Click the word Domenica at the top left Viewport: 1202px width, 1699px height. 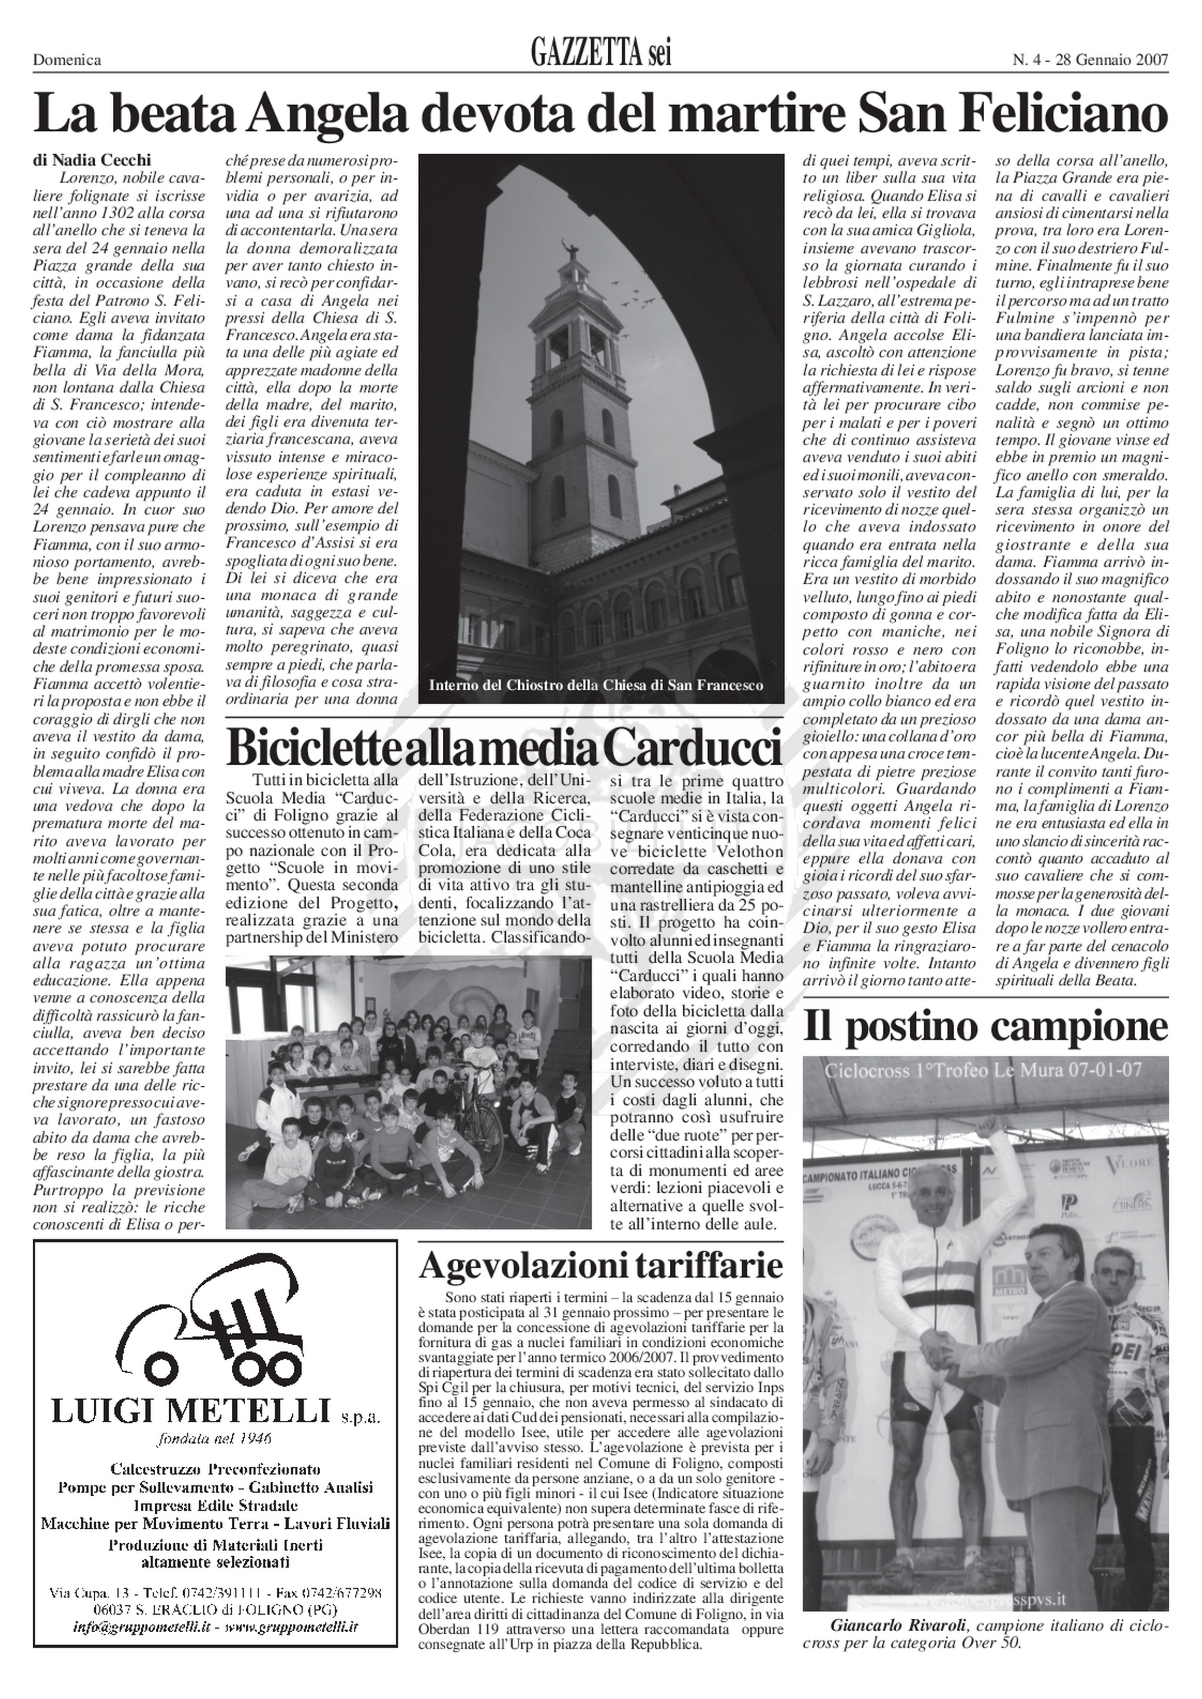(x=67, y=61)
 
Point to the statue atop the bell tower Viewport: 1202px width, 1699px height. (x=570, y=253)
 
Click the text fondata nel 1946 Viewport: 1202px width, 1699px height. (x=214, y=1439)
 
